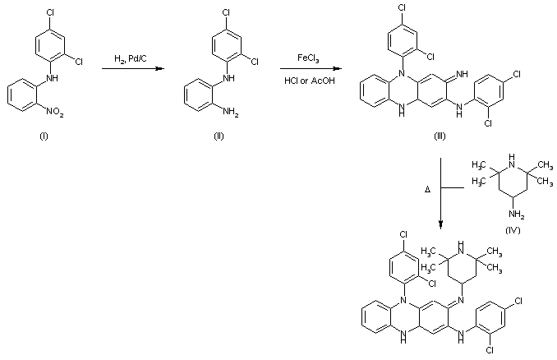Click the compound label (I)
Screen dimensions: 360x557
point(44,135)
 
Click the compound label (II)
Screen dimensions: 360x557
point(219,135)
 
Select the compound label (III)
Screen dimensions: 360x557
point(440,135)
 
